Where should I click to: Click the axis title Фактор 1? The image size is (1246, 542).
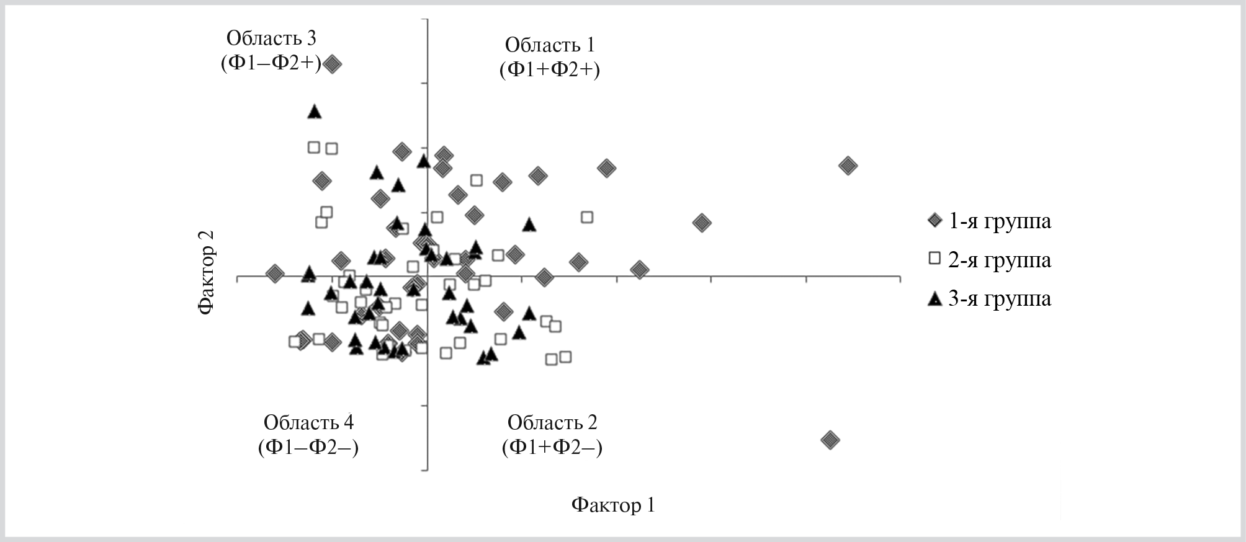click(x=613, y=505)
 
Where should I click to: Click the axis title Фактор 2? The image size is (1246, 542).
click(x=207, y=273)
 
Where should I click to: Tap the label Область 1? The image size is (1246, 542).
click(x=550, y=45)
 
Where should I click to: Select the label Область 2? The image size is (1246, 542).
click(x=552, y=422)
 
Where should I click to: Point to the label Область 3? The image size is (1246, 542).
click(x=271, y=38)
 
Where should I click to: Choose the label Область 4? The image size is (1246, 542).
click(x=308, y=422)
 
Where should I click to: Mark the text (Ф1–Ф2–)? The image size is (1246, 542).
click(x=308, y=448)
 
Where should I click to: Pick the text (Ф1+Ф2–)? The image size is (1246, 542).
click(x=552, y=448)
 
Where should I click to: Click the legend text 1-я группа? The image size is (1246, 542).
click(x=1000, y=221)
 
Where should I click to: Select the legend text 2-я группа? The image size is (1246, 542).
click(x=1000, y=260)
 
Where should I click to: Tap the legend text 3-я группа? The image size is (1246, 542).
click(x=1000, y=299)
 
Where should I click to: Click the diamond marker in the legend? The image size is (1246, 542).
click(x=934, y=221)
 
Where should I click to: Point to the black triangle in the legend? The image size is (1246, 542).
click(x=934, y=299)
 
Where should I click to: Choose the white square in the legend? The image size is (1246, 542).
click(x=934, y=259)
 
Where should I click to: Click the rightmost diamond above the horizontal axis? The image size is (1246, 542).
click(x=848, y=166)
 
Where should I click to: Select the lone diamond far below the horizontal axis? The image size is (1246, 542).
click(x=830, y=440)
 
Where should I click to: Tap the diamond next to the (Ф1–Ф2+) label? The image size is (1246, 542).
click(x=333, y=64)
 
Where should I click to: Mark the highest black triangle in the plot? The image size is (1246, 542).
click(x=315, y=112)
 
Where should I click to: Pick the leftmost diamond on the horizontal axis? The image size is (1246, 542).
click(x=275, y=273)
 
